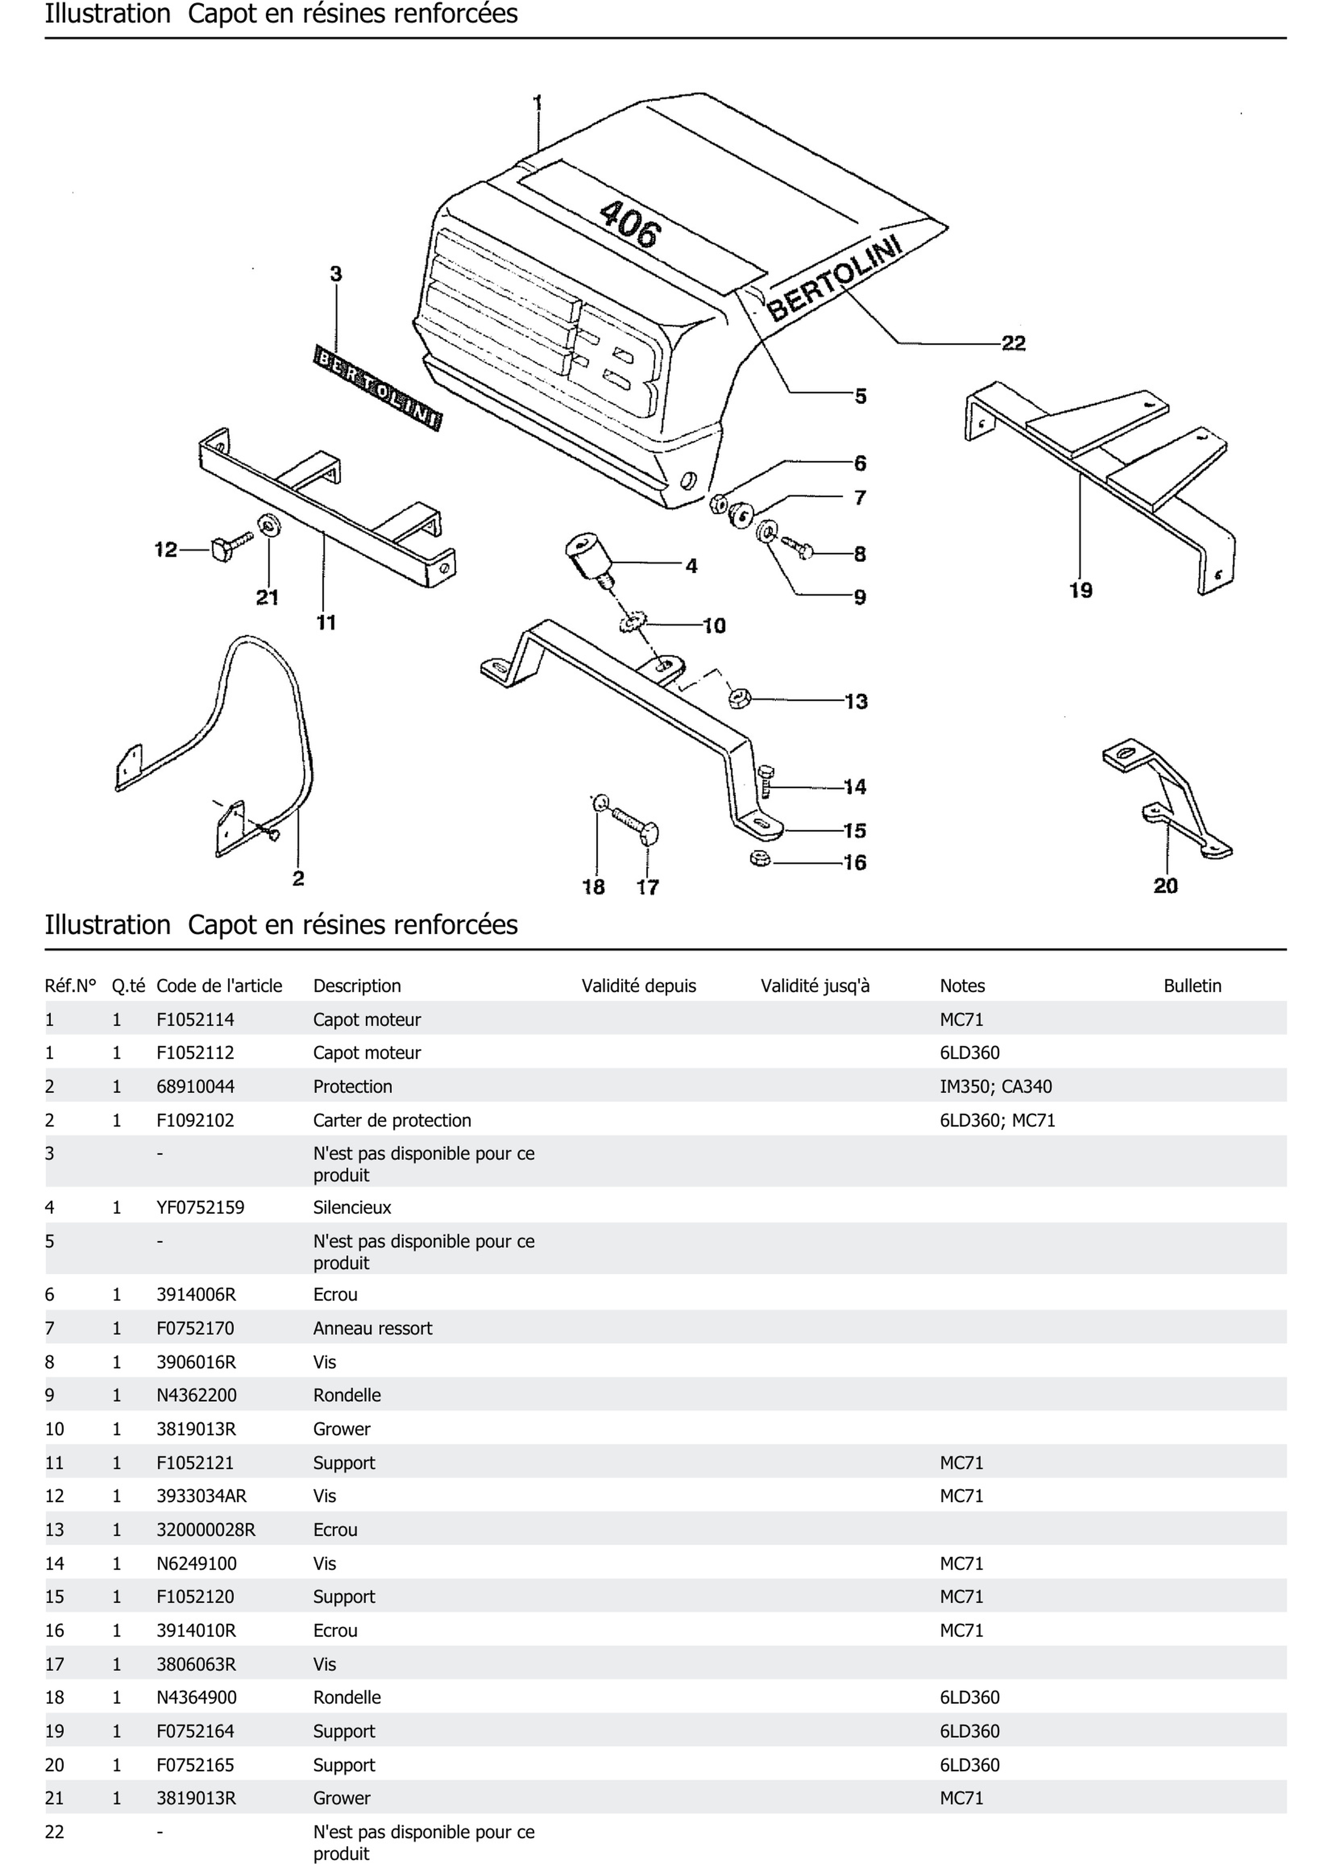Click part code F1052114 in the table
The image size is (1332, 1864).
click(x=195, y=1019)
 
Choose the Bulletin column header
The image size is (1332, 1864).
click(x=1192, y=986)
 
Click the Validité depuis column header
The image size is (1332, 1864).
click(x=638, y=986)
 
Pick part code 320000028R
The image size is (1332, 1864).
click(x=206, y=1530)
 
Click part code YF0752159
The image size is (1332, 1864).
click(x=200, y=1207)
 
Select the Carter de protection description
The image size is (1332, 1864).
click(x=392, y=1120)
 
